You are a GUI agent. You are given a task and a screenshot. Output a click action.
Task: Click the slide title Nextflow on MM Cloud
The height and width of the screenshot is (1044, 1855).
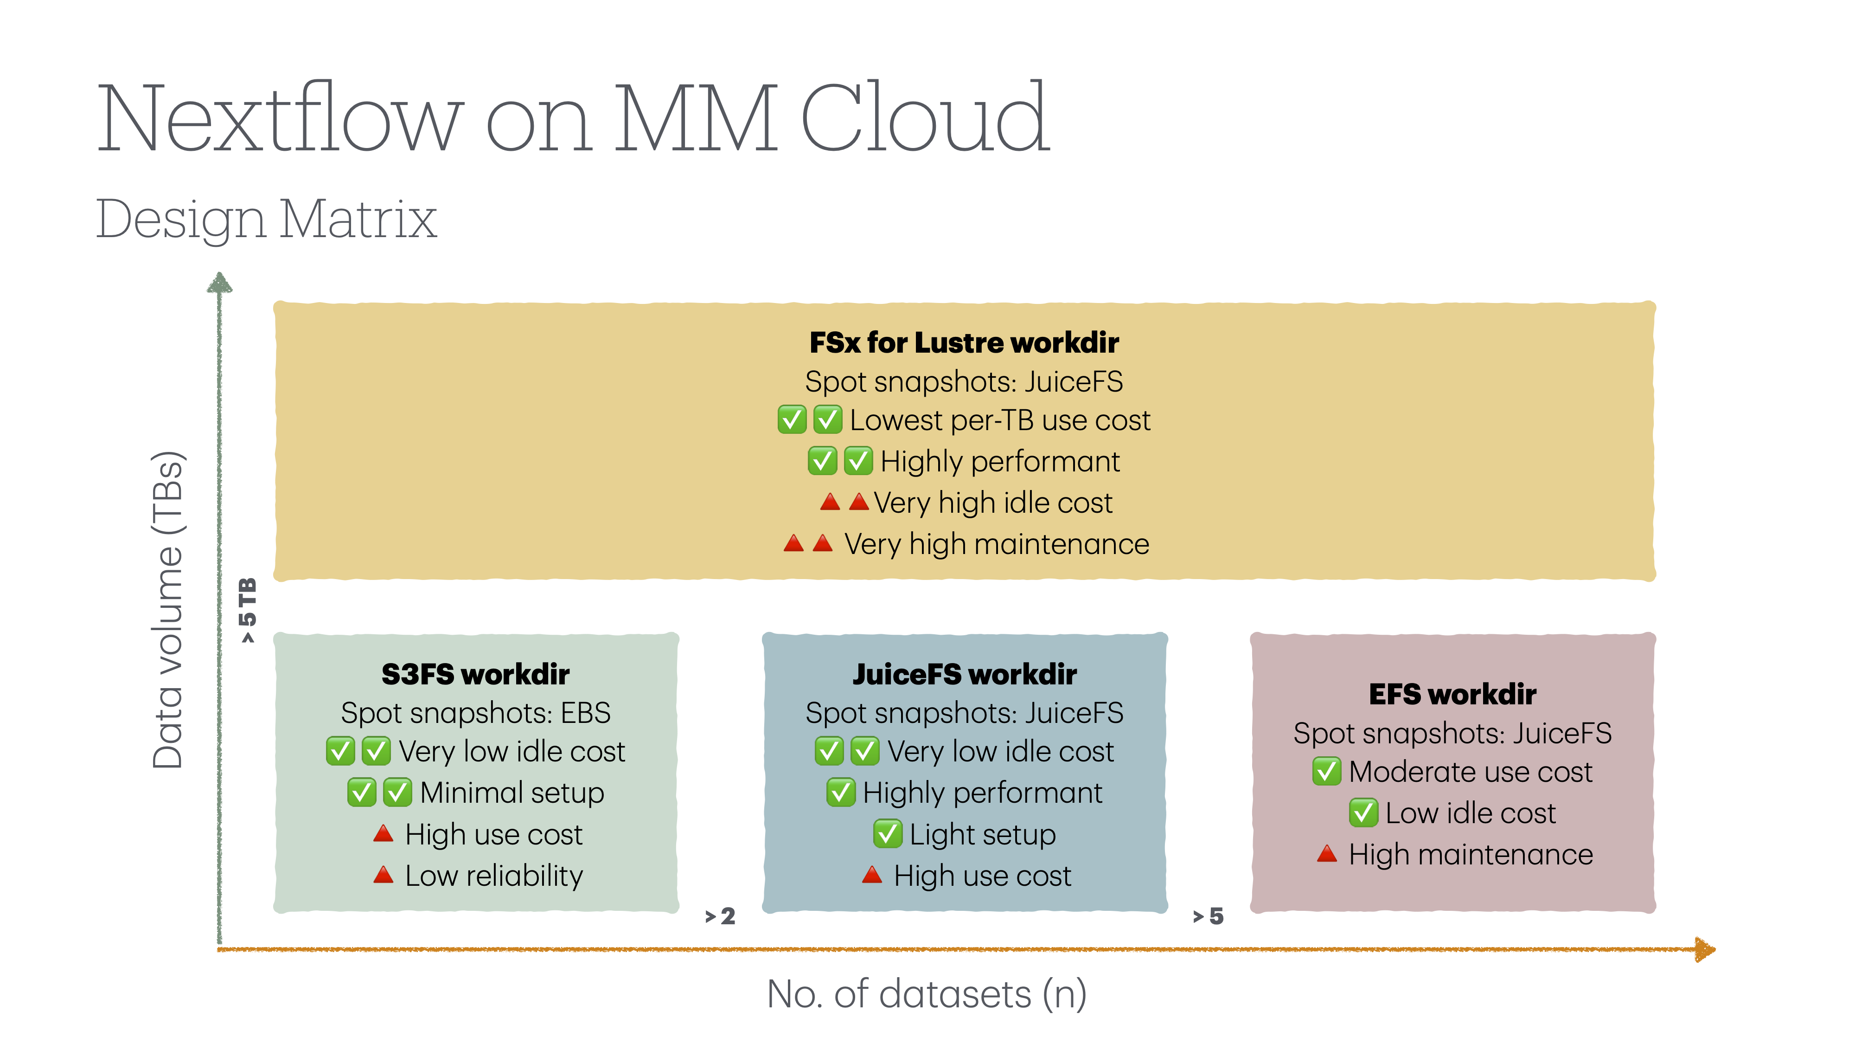[x=572, y=119]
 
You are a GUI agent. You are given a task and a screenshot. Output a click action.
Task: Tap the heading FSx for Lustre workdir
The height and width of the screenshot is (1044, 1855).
[x=964, y=343]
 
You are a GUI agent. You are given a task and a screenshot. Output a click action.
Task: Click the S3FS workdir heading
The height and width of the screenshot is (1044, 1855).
[x=475, y=674]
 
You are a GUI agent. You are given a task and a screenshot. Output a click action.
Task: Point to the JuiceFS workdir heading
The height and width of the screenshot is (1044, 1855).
[x=964, y=674]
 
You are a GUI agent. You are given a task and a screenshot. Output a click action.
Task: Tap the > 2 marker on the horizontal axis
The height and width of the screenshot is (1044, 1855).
[x=720, y=916]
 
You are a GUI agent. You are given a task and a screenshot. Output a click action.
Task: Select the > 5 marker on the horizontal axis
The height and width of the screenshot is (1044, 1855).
[x=1209, y=916]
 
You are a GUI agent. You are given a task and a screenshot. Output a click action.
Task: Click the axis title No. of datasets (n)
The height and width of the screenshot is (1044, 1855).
[x=927, y=994]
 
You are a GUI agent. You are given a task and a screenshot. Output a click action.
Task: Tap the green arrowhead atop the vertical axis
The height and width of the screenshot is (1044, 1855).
[x=220, y=283]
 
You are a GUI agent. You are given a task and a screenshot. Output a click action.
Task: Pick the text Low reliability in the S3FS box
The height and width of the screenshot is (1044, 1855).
[x=494, y=876]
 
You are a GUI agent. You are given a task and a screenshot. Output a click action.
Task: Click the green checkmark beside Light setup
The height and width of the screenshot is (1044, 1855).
[x=887, y=834]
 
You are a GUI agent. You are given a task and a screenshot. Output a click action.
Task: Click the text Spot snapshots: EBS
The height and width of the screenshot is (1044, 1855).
[x=475, y=713]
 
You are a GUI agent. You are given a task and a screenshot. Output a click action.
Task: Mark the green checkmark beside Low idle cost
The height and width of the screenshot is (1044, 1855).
[x=1362, y=813]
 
